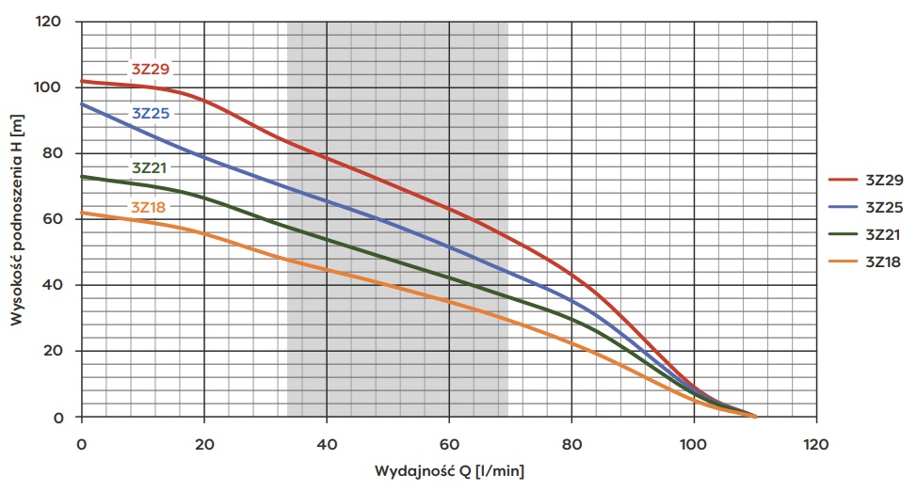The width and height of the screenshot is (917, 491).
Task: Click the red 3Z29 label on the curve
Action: (x=151, y=68)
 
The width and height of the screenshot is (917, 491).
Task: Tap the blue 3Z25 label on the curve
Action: (x=151, y=113)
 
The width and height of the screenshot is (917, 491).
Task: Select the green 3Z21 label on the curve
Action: (x=151, y=167)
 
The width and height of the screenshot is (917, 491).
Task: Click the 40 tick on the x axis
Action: (x=327, y=441)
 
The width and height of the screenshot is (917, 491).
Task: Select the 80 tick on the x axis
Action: (x=571, y=441)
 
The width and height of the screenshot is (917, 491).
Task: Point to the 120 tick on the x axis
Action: (x=816, y=441)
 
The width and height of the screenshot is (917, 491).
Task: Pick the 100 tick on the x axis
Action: (x=694, y=441)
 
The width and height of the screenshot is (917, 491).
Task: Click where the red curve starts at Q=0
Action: (x=82, y=81)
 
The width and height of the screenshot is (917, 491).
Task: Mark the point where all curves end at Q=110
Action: (x=755, y=416)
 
